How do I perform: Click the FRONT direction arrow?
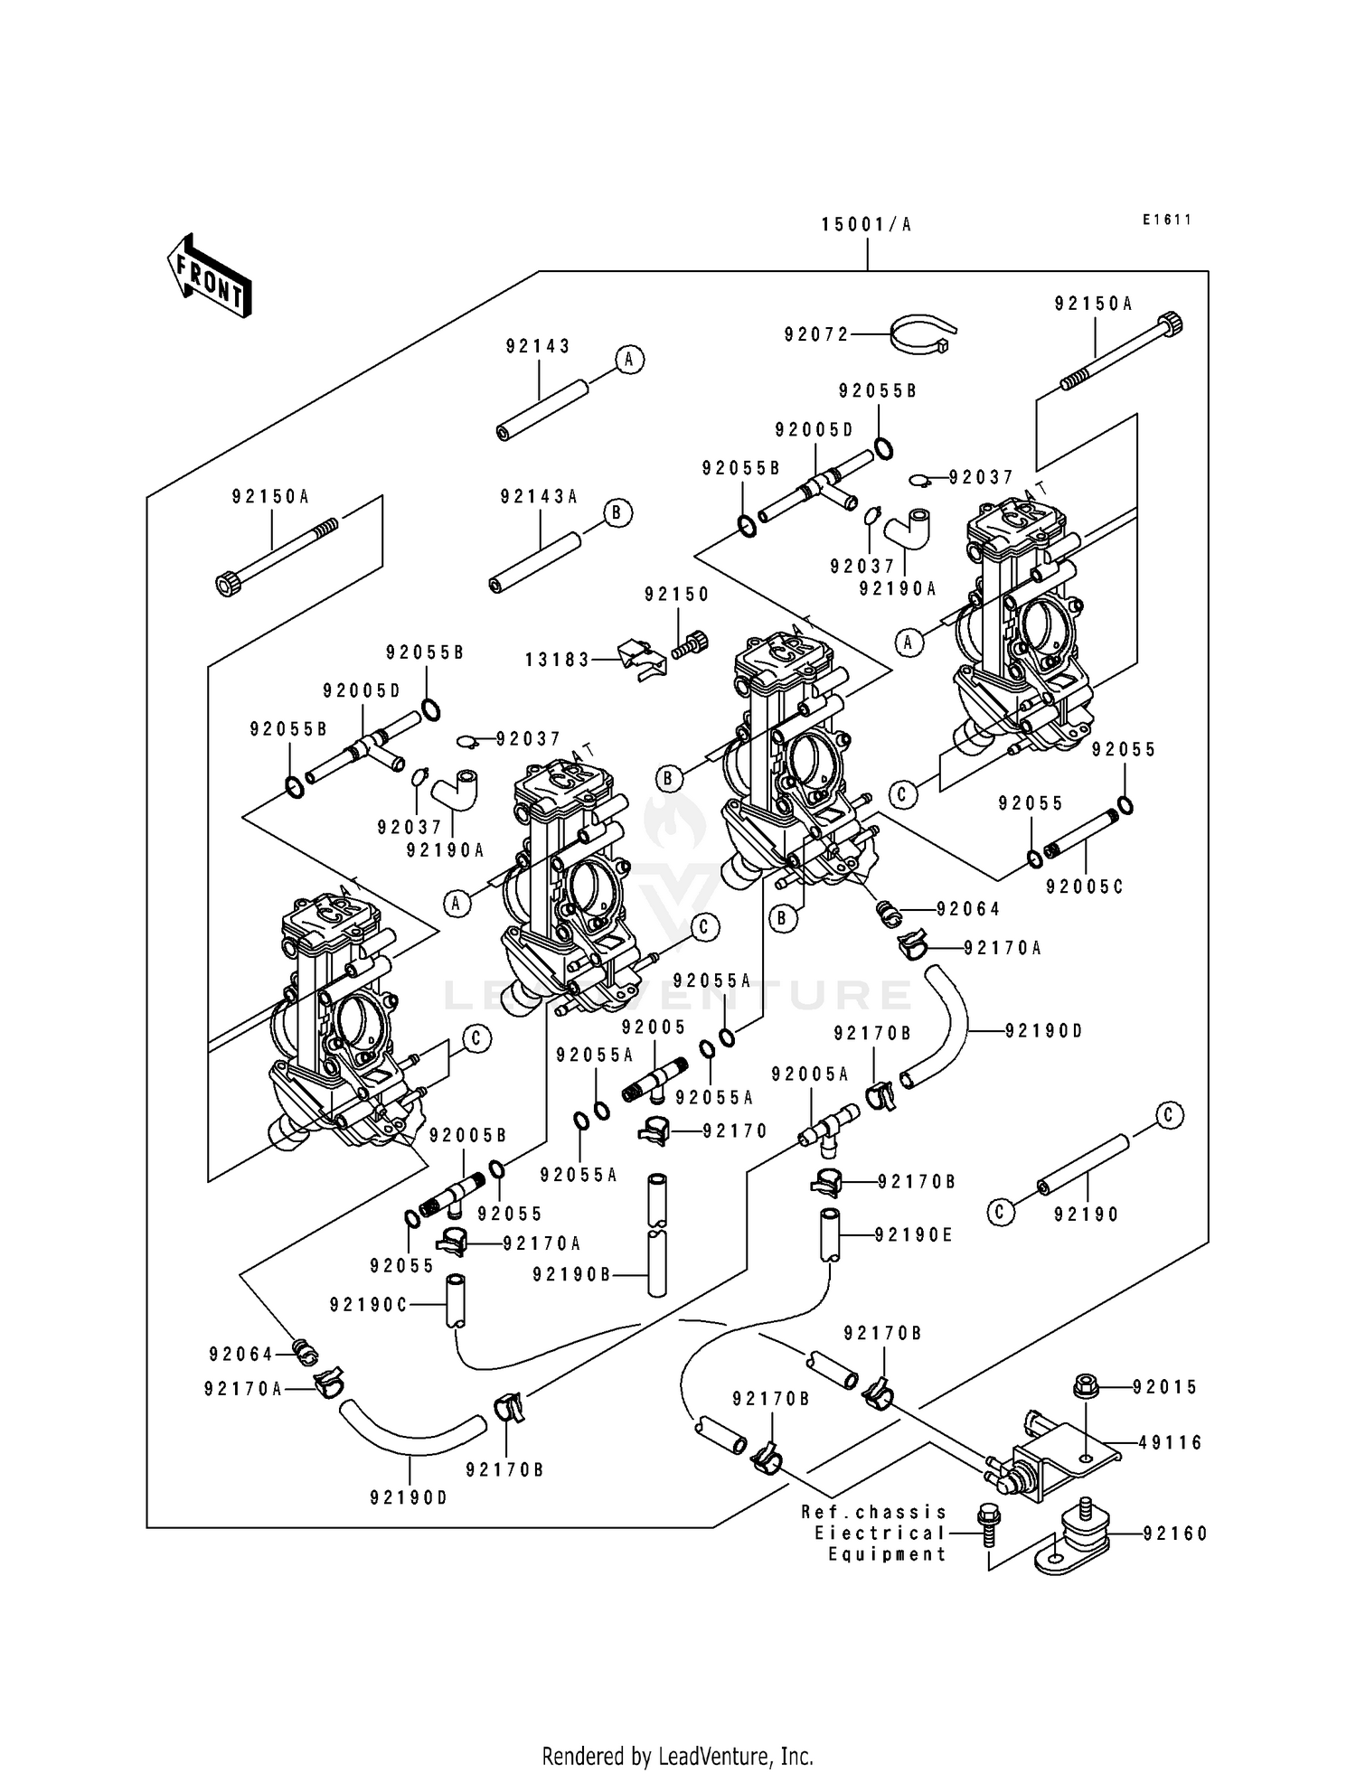pos(208,276)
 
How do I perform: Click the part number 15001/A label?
pos(866,225)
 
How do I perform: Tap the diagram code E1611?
pos(1166,220)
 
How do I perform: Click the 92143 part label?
pos(538,346)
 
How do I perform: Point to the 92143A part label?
pos(539,497)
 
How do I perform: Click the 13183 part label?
pos(558,660)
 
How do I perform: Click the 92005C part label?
pos(1085,887)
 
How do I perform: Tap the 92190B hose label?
pos(571,1274)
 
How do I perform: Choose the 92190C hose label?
pos(369,1304)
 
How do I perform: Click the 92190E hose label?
pos(913,1235)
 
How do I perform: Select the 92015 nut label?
pos(1165,1387)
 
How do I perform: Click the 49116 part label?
pos(1170,1443)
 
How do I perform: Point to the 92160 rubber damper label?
pos(1174,1534)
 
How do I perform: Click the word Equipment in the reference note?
pos(887,1554)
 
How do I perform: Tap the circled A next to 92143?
pos(629,360)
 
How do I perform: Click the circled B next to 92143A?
pos(617,512)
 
